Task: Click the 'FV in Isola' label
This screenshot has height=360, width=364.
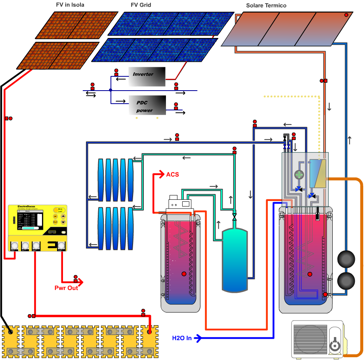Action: tap(70, 5)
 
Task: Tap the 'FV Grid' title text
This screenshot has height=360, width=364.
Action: tap(141, 5)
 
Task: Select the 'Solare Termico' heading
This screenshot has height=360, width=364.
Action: tap(266, 6)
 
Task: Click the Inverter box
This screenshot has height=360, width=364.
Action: tap(147, 76)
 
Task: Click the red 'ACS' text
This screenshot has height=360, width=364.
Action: tap(173, 174)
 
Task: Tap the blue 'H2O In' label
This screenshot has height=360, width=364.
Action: tap(182, 338)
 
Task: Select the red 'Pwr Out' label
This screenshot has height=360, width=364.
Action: tap(66, 288)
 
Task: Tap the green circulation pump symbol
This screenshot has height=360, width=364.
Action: tap(299, 174)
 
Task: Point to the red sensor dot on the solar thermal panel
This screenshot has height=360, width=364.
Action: tap(346, 15)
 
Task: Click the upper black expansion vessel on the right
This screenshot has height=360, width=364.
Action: tap(347, 260)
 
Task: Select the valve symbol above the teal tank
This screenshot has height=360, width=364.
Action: tap(234, 217)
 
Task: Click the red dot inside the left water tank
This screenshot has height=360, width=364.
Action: tap(183, 273)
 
